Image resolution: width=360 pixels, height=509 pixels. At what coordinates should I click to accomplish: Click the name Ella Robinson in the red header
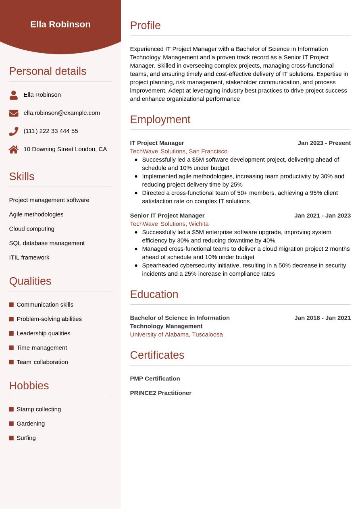[60, 24]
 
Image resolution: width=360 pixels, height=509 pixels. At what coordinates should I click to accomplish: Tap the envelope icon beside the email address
[14, 113]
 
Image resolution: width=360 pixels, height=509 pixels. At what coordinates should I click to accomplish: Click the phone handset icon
[14, 131]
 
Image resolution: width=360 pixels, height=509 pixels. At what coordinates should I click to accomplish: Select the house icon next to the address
[14, 150]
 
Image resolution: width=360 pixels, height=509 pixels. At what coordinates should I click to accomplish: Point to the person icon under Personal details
[14, 95]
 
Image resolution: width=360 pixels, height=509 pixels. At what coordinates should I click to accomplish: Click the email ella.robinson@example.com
[62, 113]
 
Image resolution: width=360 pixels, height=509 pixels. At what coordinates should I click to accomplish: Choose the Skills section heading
[22, 177]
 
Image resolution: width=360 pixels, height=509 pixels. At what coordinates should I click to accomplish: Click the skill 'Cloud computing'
[32, 229]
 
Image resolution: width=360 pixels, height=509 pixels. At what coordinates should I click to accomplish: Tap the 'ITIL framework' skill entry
[29, 257]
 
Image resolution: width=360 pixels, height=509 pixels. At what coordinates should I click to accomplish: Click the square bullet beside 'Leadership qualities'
[11, 333]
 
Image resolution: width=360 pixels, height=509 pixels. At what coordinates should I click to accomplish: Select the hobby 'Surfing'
[26, 438]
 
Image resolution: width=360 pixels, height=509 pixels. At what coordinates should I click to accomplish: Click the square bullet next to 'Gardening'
[11, 424]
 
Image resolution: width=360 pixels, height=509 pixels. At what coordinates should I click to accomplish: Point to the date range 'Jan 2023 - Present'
[324, 143]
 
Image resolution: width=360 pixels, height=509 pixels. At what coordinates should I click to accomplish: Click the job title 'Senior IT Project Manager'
[167, 215]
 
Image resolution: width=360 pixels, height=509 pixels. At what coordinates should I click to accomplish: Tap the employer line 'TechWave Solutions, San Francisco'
[179, 151]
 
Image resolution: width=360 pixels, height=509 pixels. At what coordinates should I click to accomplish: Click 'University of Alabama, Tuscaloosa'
[176, 334]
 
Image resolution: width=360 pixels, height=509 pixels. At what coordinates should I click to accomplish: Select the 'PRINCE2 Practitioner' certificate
[160, 393]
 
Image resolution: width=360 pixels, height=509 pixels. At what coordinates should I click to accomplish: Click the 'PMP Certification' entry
[155, 378]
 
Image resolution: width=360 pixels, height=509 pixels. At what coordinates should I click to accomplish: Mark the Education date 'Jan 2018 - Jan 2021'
[323, 318]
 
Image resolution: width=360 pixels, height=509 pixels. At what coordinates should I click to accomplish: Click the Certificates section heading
[157, 355]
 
